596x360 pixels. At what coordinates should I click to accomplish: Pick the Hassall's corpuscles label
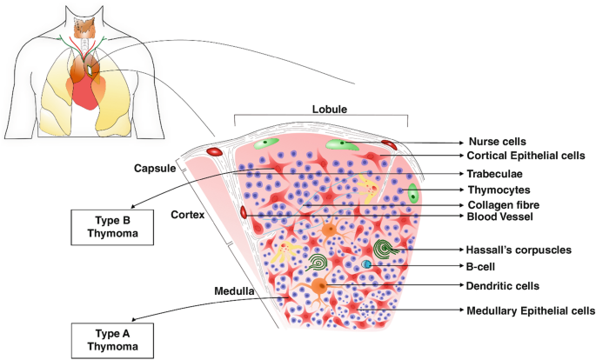[519, 250]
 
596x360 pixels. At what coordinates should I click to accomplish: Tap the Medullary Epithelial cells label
[531, 310]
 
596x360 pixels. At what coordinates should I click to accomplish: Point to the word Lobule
[330, 110]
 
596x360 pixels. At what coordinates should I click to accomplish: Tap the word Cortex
[188, 214]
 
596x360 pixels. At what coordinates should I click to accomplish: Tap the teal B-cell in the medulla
[367, 264]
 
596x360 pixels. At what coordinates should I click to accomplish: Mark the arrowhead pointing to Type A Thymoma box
[139, 320]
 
